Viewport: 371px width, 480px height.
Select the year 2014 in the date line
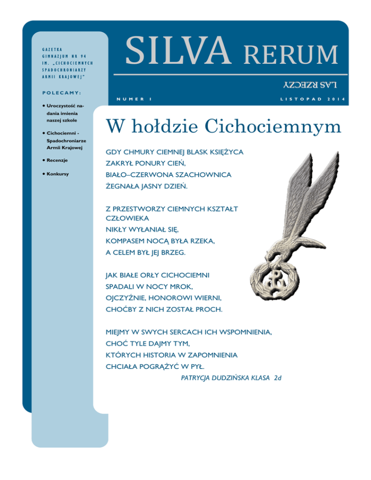pyautogui.click(x=337, y=99)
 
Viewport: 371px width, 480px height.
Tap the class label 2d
pyautogui.click(x=277, y=378)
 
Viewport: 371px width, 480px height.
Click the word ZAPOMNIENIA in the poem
pyautogui.click(x=210, y=355)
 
